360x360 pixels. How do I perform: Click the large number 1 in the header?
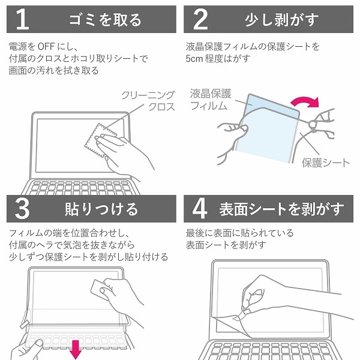(x=22, y=19)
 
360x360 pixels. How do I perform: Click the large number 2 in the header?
(x=201, y=19)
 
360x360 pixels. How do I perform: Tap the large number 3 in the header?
(x=22, y=209)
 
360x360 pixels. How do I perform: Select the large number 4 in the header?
(x=200, y=209)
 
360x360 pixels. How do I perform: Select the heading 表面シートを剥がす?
(x=281, y=209)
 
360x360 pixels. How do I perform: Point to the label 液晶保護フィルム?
(x=210, y=100)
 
